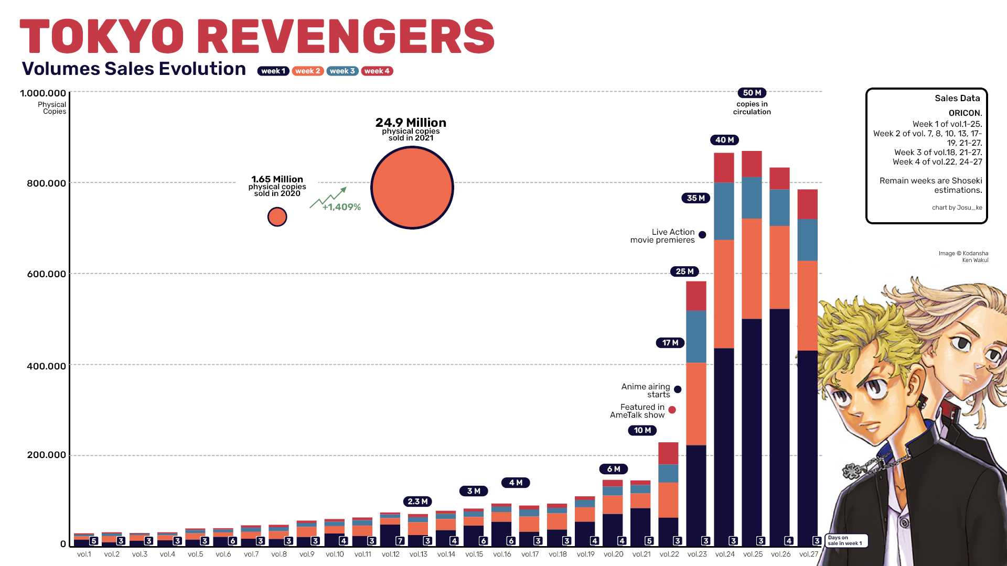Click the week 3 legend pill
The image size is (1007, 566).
pos(342,71)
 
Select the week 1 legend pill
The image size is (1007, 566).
pos(273,71)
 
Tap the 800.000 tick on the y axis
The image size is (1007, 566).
pos(47,183)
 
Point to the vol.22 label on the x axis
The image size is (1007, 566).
pos(669,554)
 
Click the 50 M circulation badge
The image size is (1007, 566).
pos(752,93)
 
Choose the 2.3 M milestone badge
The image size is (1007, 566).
pos(417,502)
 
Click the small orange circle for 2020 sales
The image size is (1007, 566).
pos(277,216)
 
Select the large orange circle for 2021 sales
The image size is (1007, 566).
pos(412,188)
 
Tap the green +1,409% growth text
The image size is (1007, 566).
pos(341,207)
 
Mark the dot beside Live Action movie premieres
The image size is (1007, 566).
pos(702,235)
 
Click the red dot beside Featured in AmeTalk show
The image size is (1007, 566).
pos(672,410)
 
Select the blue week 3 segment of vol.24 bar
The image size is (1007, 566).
pos(724,211)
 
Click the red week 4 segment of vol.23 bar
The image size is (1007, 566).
pos(696,296)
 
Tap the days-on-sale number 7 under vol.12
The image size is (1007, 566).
pos(400,540)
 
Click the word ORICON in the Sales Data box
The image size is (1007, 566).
pos(965,113)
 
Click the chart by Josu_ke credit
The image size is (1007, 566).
pos(957,208)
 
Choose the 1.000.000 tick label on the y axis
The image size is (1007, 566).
pos(43,93)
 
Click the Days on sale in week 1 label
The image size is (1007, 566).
pos(845,540)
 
